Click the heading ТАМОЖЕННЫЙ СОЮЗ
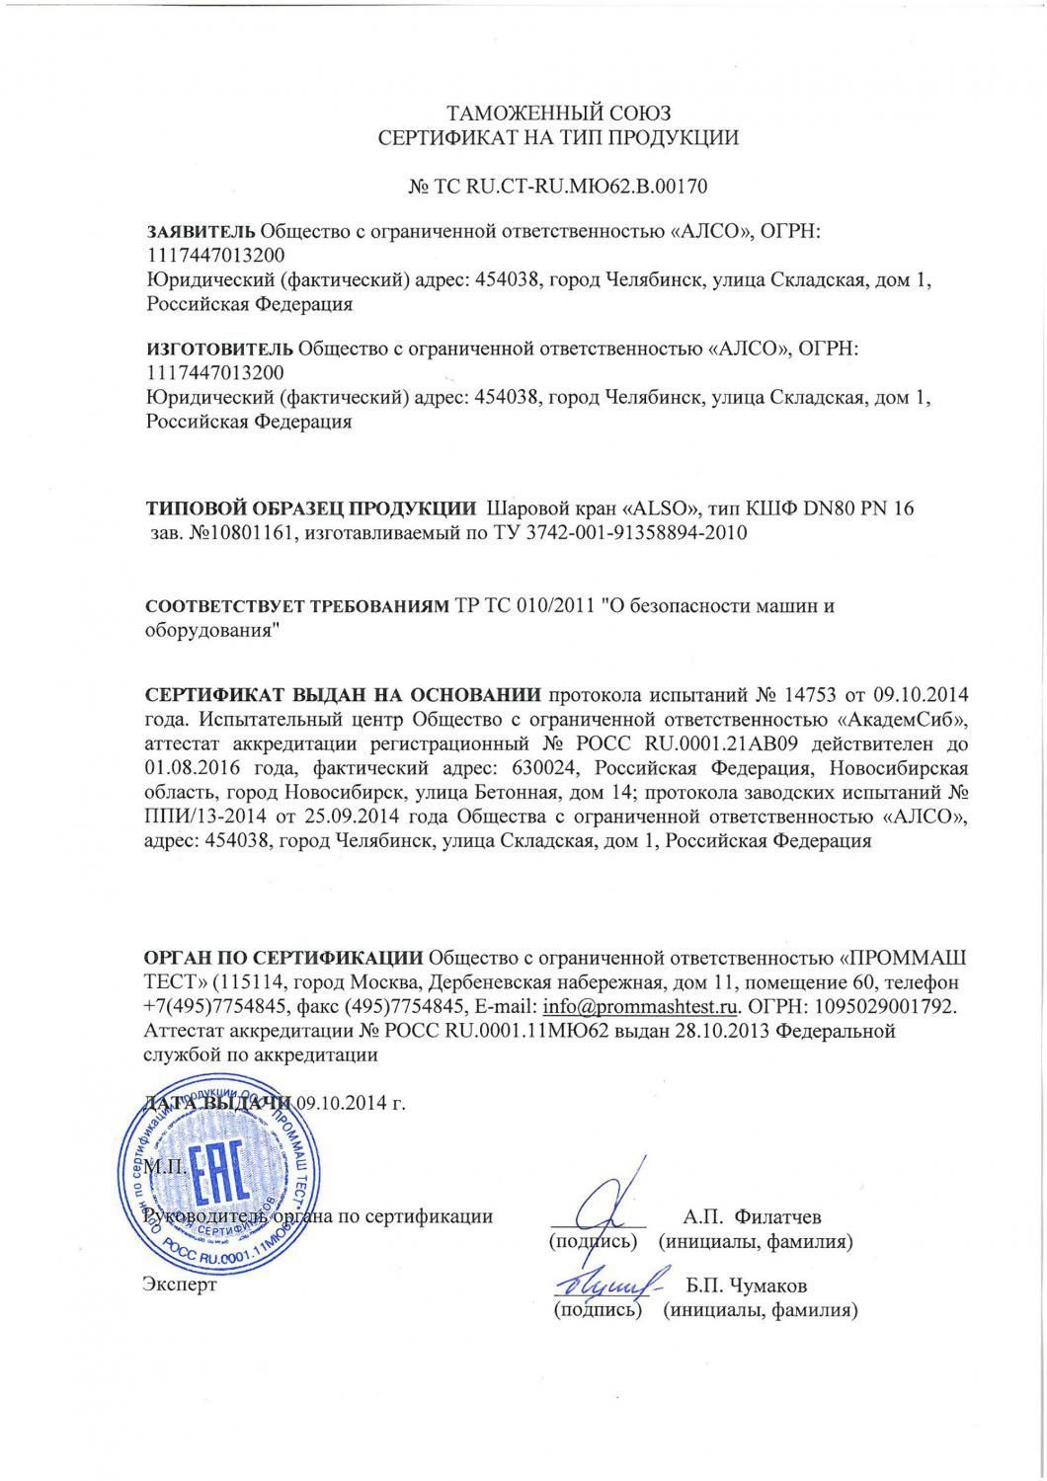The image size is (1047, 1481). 558,112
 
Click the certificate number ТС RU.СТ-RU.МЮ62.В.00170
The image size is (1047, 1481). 570,186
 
